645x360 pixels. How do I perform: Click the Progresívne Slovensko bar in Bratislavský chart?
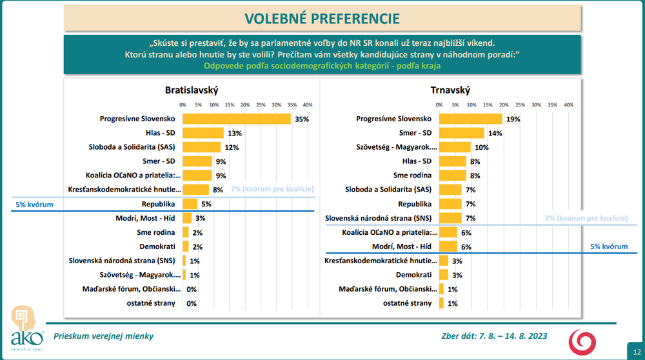[237, 119]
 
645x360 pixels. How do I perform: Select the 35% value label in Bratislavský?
[302, 119]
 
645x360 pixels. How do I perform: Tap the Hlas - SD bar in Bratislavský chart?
[203, 133]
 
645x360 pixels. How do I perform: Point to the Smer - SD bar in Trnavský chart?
[461, 133]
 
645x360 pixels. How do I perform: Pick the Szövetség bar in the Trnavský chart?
[455, 147]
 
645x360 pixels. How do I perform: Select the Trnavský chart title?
[450, 90]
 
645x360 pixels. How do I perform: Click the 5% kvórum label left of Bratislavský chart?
[34, 205]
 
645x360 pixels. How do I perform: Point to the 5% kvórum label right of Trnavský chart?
[609, 246]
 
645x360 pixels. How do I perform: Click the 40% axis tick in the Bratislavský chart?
[308, 105]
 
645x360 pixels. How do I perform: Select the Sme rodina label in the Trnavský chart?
[412, 175]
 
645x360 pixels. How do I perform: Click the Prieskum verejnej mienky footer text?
[103, 336]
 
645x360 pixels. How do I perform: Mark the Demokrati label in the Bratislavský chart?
[157, 246]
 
